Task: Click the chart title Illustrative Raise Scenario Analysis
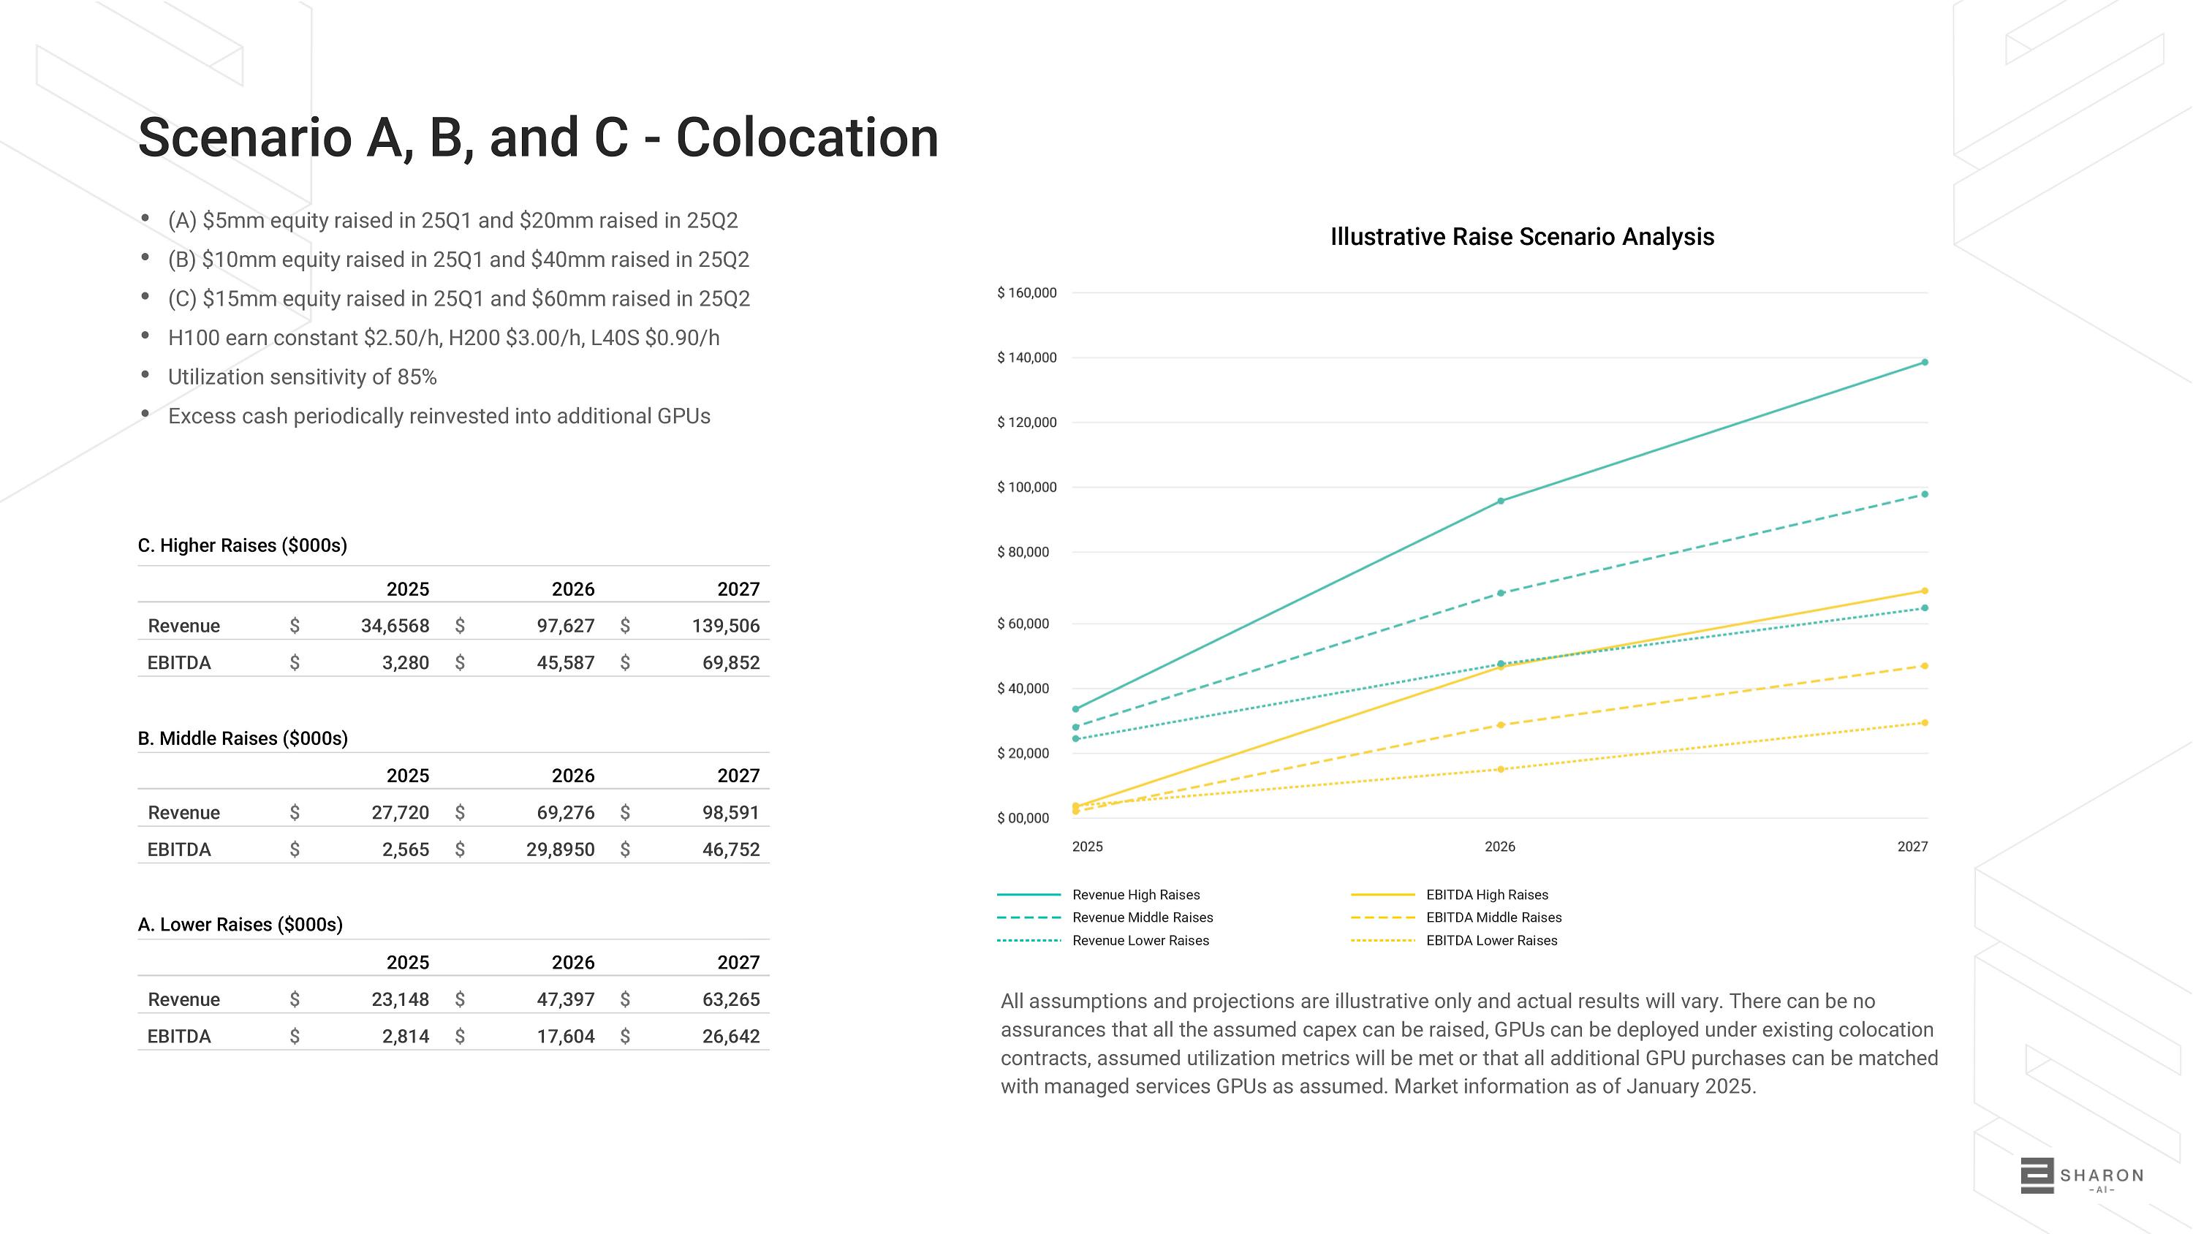1521,237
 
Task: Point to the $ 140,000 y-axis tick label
1027,357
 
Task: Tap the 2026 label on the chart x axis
1499,847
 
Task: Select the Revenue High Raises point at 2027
1925,363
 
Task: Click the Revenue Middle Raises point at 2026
1500,593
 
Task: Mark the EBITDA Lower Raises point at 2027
1925,723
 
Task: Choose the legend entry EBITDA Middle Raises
1493,917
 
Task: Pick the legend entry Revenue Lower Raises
1140,940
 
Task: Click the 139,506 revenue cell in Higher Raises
725,626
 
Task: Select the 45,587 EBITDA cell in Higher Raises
565,662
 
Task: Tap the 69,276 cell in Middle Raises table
565,812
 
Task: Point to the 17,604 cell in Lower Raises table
565,1037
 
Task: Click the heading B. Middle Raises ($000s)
243,738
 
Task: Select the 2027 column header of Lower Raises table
738,962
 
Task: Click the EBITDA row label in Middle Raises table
179,849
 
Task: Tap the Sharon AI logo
2080,1176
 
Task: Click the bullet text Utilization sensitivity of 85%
302,377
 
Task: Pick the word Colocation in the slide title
806,138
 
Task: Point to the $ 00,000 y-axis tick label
1023,819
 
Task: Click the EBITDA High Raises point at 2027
1925,591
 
